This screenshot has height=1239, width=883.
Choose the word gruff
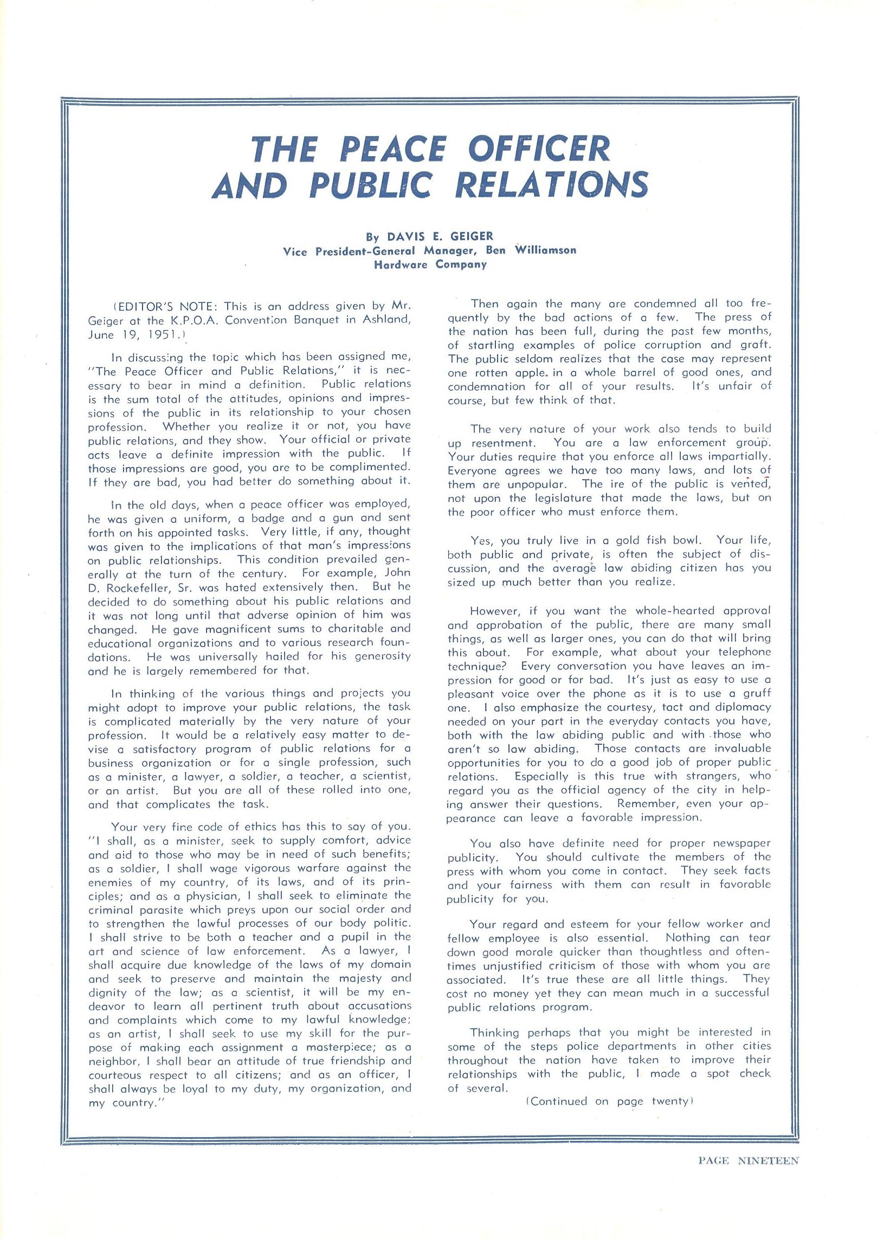point(755,694)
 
